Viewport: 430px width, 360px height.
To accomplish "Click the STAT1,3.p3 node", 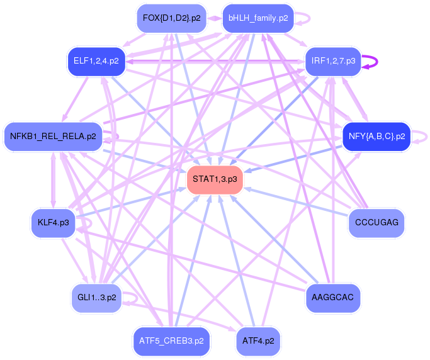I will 215,180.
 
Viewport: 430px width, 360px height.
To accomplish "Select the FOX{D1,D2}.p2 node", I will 171,18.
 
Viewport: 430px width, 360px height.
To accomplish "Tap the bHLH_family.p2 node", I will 258,18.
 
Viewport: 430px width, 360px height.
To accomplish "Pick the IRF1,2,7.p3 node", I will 333,62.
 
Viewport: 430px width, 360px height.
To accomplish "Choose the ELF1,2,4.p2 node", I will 96,62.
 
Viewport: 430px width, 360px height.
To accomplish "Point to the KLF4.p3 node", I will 53,223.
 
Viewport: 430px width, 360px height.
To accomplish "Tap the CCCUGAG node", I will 376,223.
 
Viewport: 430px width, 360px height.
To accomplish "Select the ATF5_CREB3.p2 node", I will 171,341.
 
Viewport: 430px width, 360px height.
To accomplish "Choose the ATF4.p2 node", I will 258,341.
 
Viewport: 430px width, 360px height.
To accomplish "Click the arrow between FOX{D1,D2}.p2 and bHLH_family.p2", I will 213,18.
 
